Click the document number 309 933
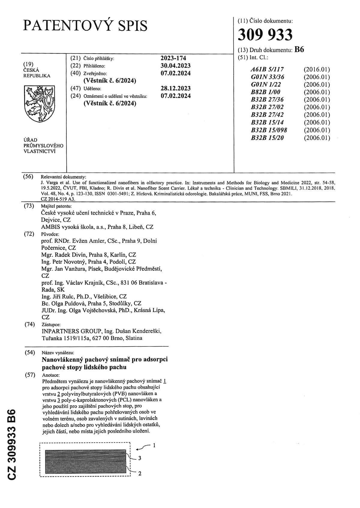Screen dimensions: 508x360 pyautogui.click(x=265, y=35)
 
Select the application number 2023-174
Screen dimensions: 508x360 pyautogui.click(x=173, y=58)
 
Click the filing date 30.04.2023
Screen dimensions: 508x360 pyautogui.click(x=175, y=66)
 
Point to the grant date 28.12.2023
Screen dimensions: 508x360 pyautogui.click(x=175, y=88)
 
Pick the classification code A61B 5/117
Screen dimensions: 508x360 pyautogui.click(x=267, y=70)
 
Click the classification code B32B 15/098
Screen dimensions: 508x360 pyautogui.click(x=269, y=130)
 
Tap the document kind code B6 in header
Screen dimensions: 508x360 pyautogui.click(x=299, y=50)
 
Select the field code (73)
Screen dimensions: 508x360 pyautogui.click(x=29, y=206)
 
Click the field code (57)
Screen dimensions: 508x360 pyautogui.click(x=29, y=375)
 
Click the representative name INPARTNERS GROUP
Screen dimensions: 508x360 pyautogui.click(x=71, y=331)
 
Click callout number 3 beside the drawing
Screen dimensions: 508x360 pyautogui.click(x=139, y=458)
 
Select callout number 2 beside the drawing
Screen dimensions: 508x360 pyautogui.click(x=139, y=474)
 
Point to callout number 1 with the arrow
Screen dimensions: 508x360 pyautogui.click(x=154, y=445)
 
